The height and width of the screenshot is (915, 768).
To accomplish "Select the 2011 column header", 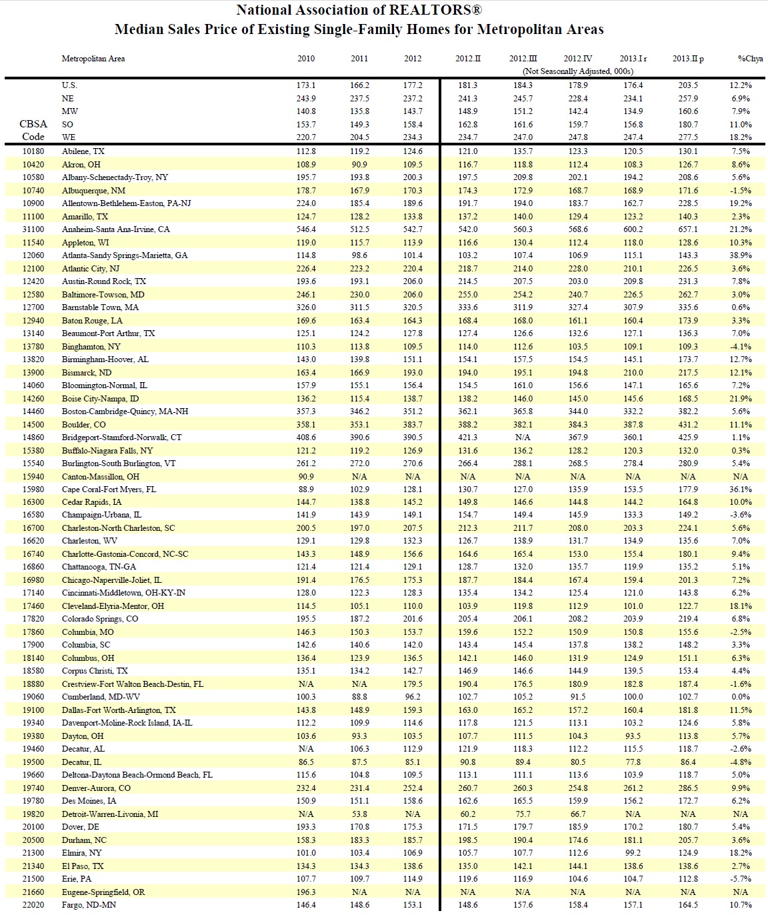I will coord(359,59).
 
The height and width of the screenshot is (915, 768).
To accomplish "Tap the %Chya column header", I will coord(750,59).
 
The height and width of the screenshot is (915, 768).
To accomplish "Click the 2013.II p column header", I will coord(688,59).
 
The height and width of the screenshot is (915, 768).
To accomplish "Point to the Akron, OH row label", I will coord(81,164).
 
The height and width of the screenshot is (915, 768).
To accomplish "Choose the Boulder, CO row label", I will coord(84,424).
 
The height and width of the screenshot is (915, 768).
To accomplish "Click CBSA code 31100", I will coord(33,229).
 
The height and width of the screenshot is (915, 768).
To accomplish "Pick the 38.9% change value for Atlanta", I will coord(740,255).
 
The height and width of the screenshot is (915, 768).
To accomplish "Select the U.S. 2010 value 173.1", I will coord(306,85).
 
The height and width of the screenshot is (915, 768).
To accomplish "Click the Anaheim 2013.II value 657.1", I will coord(688,229).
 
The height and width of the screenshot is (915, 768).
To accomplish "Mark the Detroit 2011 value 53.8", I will coord(359,814).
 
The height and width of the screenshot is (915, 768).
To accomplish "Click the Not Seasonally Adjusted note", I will coord(576,71).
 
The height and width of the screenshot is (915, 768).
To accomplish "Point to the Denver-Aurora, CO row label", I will coord(96,788).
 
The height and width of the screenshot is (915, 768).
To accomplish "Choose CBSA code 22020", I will coord(33,905).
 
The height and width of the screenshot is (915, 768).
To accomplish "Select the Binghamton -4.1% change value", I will coord(740,346).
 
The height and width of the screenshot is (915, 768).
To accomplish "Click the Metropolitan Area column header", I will coord(93,59).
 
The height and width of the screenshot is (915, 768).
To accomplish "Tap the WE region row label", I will coord(68,137).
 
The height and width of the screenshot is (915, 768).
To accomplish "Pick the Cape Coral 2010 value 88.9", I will coord(306,490).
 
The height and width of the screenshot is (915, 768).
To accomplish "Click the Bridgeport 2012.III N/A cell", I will coord(523,437).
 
